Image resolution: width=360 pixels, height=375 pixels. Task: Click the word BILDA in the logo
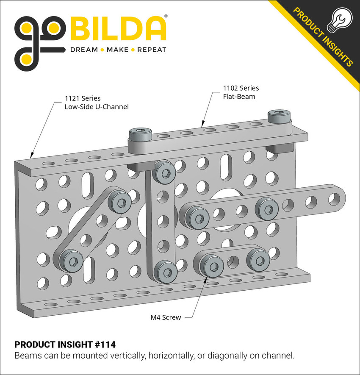pos(118,29)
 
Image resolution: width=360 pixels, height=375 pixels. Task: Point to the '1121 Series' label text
pos(83,98)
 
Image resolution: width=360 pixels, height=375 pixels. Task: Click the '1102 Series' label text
pos(241,88)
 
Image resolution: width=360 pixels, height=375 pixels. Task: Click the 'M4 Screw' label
pos(166,317)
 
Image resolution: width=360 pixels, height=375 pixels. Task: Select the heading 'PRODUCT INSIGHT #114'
pos(65,344)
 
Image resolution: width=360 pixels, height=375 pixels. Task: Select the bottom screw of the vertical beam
pos(166,271)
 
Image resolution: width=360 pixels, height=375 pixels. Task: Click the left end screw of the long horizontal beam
pos(197,219)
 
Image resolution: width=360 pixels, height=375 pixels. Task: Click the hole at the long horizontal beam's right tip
pos(335,197)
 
